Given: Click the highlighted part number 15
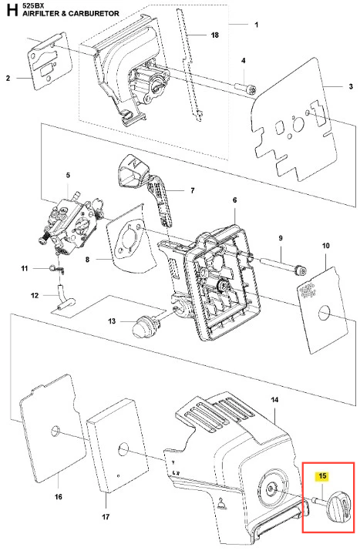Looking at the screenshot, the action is pos(322,476).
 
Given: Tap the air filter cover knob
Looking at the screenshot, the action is pos(339,507).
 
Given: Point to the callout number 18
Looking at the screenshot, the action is pos(214,35).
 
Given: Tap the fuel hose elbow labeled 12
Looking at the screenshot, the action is pos(64,297).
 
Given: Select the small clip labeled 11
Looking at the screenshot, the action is pos(57,269).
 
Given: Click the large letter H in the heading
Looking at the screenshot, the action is pos(12,10).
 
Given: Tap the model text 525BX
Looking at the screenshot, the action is pos(33,5).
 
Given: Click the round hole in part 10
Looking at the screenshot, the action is pos(325,314).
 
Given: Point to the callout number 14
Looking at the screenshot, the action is pos(274,400).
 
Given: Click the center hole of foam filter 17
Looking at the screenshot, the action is pos(123,449).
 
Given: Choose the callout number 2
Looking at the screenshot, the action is pos(8,78).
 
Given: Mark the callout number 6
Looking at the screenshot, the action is pos(235,200).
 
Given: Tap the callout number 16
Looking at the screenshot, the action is pos(59,497).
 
